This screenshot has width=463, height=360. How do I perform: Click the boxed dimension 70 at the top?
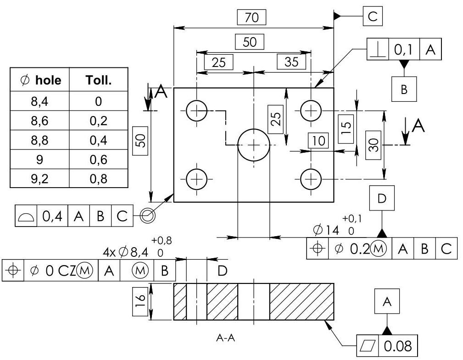[252, 17]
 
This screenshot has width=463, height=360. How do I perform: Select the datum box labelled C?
[372, 17]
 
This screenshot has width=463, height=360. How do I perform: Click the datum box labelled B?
[404, 89]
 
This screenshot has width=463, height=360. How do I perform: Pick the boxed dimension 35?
[291, 62]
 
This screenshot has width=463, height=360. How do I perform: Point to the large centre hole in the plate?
[253, 145]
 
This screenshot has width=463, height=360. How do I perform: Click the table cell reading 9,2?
[39, 178]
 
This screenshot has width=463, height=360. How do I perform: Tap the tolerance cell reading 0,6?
[98, 159]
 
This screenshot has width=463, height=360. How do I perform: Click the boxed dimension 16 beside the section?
[141, 301]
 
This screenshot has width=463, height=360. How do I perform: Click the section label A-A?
[226, 338]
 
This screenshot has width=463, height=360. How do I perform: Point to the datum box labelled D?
[382, 198]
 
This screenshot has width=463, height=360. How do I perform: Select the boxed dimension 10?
[318, 141]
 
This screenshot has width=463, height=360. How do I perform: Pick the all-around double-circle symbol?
[147, 215]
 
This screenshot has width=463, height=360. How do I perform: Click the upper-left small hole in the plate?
[197, 111]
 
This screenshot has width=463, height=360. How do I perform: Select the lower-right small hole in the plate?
[311, 178]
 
